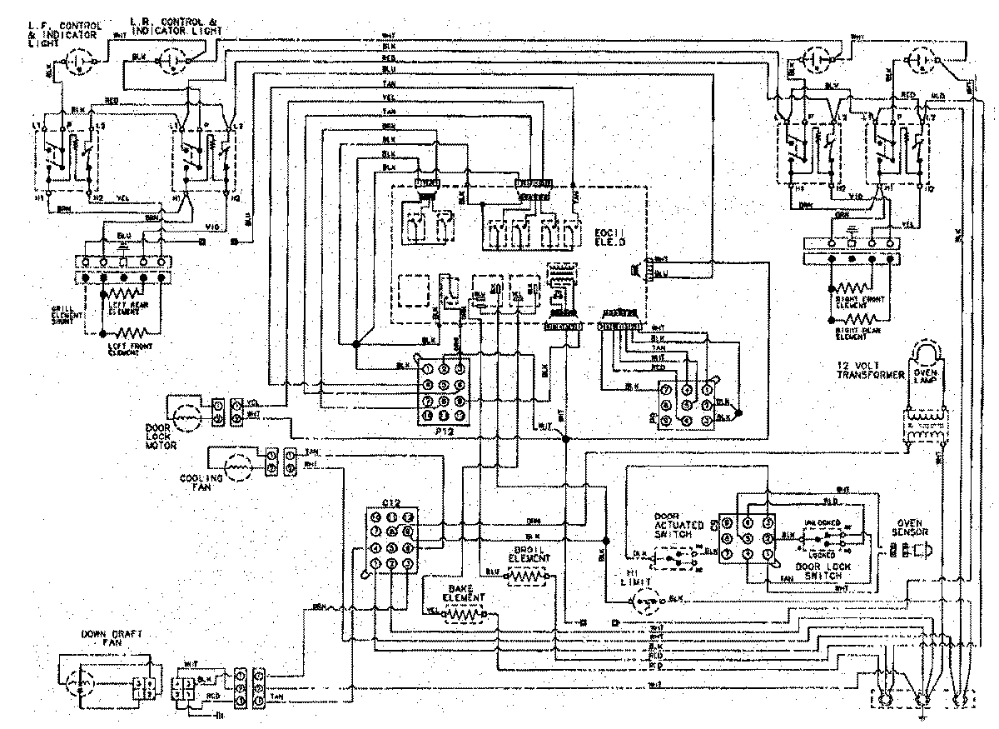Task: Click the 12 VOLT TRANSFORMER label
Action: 870,371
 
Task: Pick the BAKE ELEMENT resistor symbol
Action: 464,615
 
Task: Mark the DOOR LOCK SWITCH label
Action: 820,571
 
